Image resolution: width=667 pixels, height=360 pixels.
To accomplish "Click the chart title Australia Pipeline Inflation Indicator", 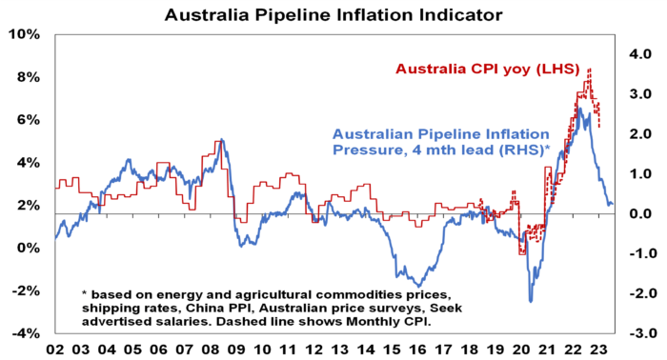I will point(333,15).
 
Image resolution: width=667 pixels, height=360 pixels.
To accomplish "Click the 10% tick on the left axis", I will point(26,34).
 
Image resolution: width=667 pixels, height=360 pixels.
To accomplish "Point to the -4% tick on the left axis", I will point(26,333).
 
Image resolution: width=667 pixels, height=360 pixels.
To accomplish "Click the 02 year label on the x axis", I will point(55,349).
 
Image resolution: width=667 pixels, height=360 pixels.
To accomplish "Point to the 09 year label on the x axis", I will point(235,349).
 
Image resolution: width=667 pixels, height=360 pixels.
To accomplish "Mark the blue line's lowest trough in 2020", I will point(531,302).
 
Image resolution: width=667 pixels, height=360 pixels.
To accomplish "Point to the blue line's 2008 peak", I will point(220,141).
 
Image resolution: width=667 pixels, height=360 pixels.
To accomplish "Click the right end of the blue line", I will point(613,204).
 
